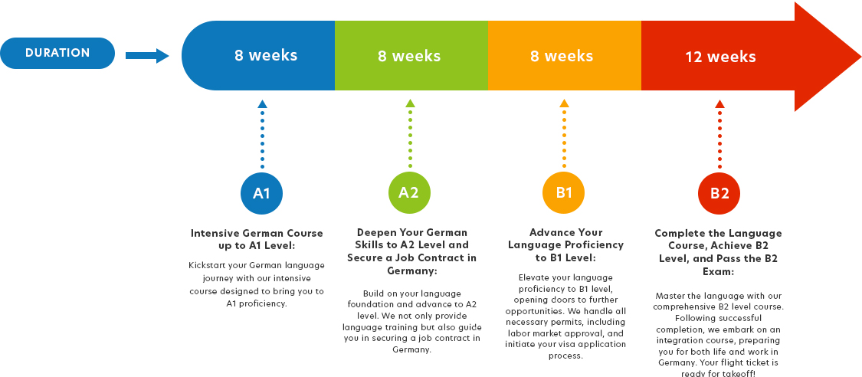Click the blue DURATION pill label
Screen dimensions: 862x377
pyautogui.click(x=57, y=54)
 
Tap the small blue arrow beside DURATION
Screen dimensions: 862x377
pyautogui.click(x=147, y=55)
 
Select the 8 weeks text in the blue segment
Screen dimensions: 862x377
pyautogui.click(x=266, y=55)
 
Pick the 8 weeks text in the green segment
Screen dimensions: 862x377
pyautogui.click(x=409, y=55)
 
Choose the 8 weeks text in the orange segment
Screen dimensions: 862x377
pyautogui.click(x=562, y=55)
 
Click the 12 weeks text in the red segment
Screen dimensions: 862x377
pyautogui.click(x=720, y=57)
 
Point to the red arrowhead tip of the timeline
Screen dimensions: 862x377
pyautogui.click(x=860, y=56)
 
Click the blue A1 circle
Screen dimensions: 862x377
pyautogui.click(x=262, y=193)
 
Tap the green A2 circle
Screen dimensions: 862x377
pyautogui.click(x=410, y=193)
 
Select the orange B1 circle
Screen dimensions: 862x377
pyautogui.click(x=563, y=193)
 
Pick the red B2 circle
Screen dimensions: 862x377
pyautogui.click(x=719, y=193)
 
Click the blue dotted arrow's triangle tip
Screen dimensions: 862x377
pyautogui.click(x=262, y=100)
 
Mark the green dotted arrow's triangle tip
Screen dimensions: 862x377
pyautogui.click(x=410, y=100)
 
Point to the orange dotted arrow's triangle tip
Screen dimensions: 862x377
pyautogui.click(x=564, y=100)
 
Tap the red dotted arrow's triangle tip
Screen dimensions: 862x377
pyautogui.click(x=719, y=100)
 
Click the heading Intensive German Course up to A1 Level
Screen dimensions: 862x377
pyautogui.click(x=257, y=240)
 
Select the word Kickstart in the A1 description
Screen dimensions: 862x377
pyautogui.click(x=208, y=265)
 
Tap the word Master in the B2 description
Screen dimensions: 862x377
pyautogui.click(x=670, y=296)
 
